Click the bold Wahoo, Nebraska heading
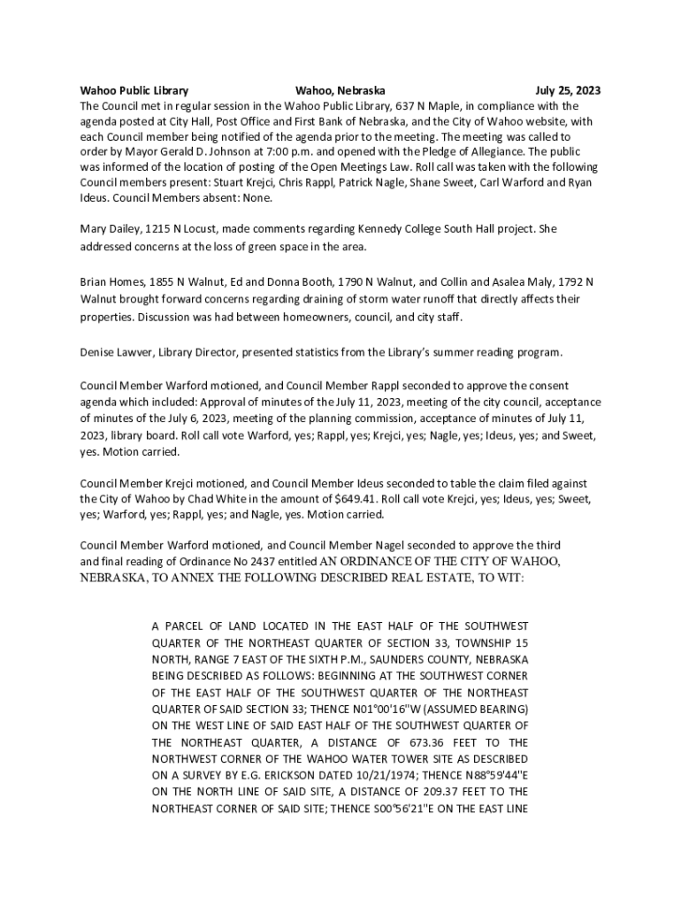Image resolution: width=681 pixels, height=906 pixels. point(340,90)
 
